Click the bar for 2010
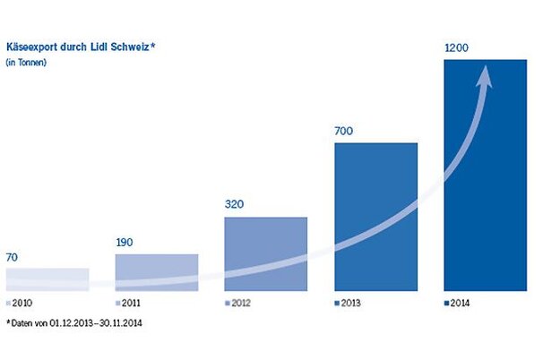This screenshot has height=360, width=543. tap(47, 280)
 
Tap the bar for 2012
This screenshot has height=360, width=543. tap(266, 254)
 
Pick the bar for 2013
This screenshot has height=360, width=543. tap(376, 217)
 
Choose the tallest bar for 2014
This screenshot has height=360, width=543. tap(486, 175)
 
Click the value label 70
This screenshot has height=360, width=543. tap(13, 257)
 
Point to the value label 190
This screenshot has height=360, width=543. tap(126, 243)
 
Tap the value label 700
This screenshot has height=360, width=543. tap(346, 131)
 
